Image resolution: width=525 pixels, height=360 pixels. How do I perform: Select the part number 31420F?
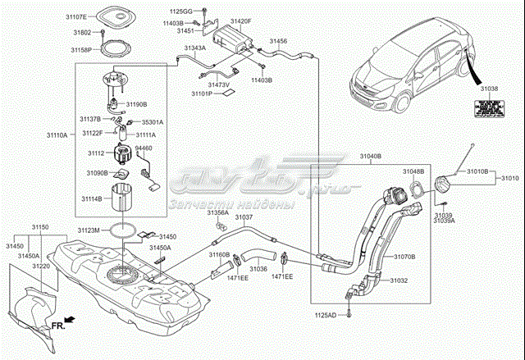click(241, 21)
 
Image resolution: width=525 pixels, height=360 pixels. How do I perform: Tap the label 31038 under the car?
click(489, 87)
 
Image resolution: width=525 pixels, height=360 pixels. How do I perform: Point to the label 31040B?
click(371, 157)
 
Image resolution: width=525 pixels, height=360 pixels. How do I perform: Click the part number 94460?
click(144, 148)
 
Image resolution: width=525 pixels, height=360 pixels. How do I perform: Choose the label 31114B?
click(91, 198)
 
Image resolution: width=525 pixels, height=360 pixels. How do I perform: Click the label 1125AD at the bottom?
click(326, 314)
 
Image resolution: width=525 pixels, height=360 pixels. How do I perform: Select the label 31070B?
click(404, 257)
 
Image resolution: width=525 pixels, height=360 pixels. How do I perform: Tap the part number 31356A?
click(217, 212)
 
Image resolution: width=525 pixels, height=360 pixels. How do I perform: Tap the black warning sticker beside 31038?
click(488, 107)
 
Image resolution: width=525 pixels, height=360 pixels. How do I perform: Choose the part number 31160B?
click(218, 255)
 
